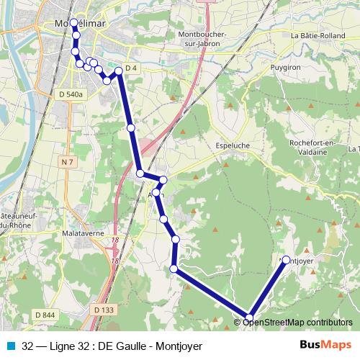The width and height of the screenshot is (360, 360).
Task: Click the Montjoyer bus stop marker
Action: (x=286, y=260)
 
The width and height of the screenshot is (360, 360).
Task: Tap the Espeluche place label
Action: (x=233, y=145)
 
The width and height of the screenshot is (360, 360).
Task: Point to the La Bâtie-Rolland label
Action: (x=318, y=35)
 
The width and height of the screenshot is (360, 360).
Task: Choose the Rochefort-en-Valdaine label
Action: (x=312, y=147)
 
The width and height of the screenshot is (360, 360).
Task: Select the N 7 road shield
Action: (x=68, y=163)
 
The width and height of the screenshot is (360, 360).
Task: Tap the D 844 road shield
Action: (x=44, y=315)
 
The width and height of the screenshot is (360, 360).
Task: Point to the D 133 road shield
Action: (x=104, y=310)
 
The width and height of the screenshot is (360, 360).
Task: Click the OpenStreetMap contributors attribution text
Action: (x=298, y=322)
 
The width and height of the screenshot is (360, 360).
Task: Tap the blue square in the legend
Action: (x=9, y=345)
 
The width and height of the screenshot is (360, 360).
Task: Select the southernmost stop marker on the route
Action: (x=250, y=318)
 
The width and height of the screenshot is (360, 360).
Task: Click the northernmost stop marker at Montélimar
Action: (x=73, y=23)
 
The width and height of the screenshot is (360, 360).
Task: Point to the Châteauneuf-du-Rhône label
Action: (x=14, y=221)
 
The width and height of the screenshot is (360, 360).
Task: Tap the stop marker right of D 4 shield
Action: (x=120, y=71)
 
